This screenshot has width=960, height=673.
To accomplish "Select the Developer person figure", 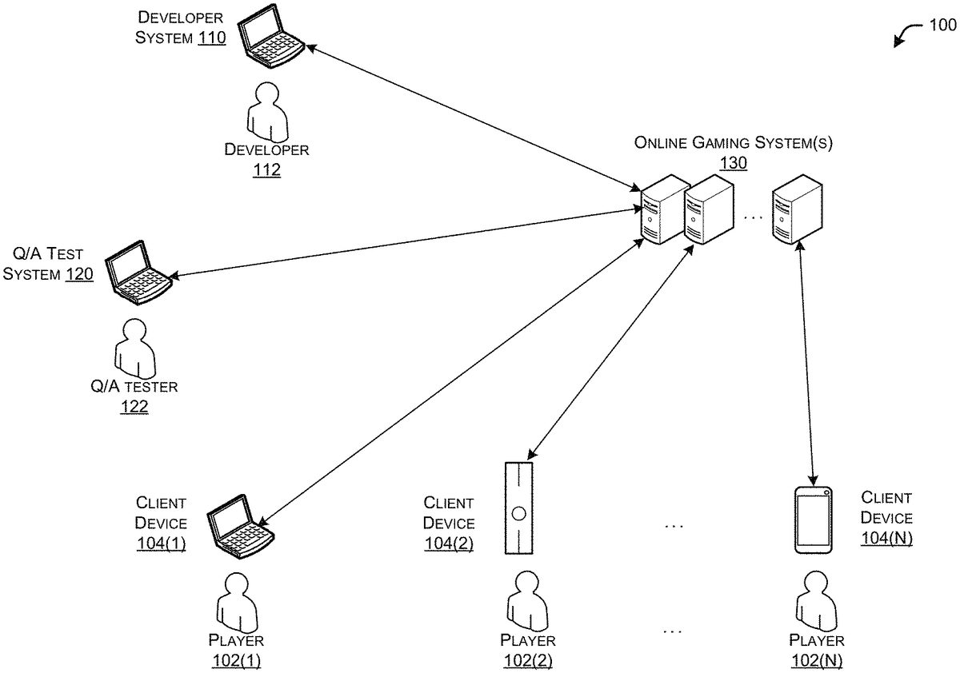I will tap(265, 113).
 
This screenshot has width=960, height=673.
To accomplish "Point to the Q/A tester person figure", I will tap(133, 348).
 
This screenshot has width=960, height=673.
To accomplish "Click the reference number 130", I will tap(734, 163).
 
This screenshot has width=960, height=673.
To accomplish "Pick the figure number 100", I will tap(939, 26).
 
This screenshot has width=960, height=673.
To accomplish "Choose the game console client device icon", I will tap(519, 508).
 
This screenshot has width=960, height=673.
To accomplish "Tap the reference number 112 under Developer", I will tap(266, 169).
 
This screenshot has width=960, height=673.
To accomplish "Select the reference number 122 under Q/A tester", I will tap(134, 407).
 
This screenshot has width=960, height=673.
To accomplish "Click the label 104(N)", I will tap(886, 538).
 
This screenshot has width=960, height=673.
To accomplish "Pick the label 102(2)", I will tap(528, 660).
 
